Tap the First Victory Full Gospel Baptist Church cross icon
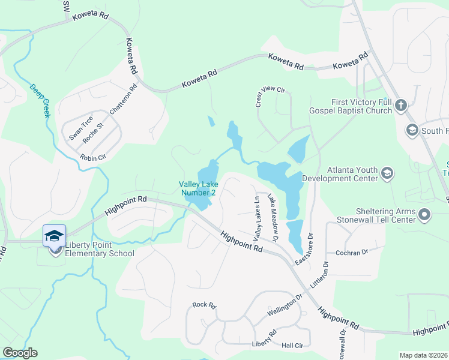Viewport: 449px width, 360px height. pos(401,107)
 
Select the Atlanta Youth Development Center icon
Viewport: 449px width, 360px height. pos(387,174)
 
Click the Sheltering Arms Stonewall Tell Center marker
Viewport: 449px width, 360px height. pos(425,214)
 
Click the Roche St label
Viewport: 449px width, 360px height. pos(94,133)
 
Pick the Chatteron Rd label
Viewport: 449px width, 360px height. pos(124,100)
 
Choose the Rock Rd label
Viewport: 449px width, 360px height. pos(204,305)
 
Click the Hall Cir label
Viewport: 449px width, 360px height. pos(292,346)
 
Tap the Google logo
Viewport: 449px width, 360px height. pos(20,353)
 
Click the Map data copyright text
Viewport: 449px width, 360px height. pos(423,355)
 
